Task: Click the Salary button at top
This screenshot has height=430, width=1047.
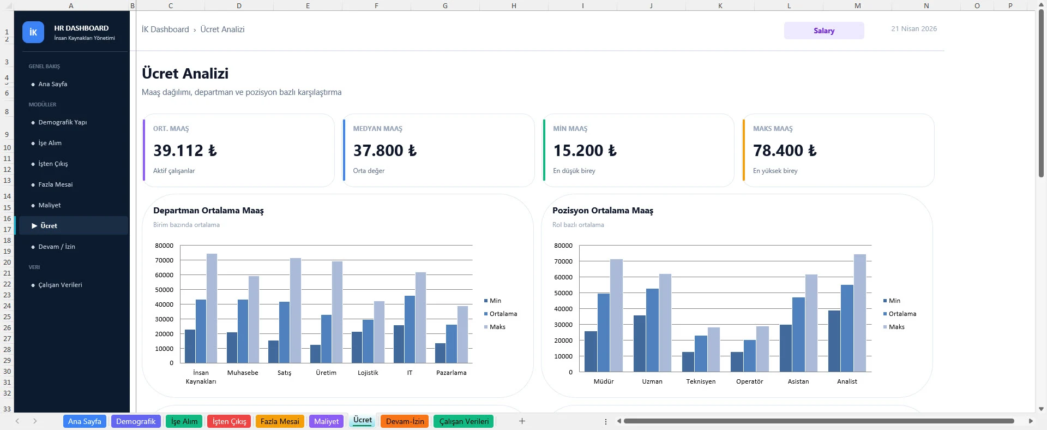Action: (x=823, y=31)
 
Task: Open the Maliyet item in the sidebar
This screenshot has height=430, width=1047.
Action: (x=50, y=205)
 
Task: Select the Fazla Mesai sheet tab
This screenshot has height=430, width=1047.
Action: (x=280, y=421)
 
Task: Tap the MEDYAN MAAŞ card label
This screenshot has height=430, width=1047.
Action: (x=377, y=129)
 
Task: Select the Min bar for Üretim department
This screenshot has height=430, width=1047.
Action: (x=315, y=354)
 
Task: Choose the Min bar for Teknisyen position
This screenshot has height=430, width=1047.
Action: (x=688, y=362)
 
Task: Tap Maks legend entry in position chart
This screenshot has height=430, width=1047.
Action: (x=896, y=327)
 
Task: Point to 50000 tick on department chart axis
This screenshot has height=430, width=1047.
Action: (x=164, y=290)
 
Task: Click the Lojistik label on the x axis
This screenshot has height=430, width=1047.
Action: (x=368, y=373)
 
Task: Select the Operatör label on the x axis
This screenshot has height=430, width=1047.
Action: (x=749, y=381)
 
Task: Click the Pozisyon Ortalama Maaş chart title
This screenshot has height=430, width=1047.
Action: (x=603, y=211)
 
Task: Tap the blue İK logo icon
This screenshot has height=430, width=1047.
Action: (x=33, y=32)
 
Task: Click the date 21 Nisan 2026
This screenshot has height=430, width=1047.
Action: (x=914, y=29)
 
